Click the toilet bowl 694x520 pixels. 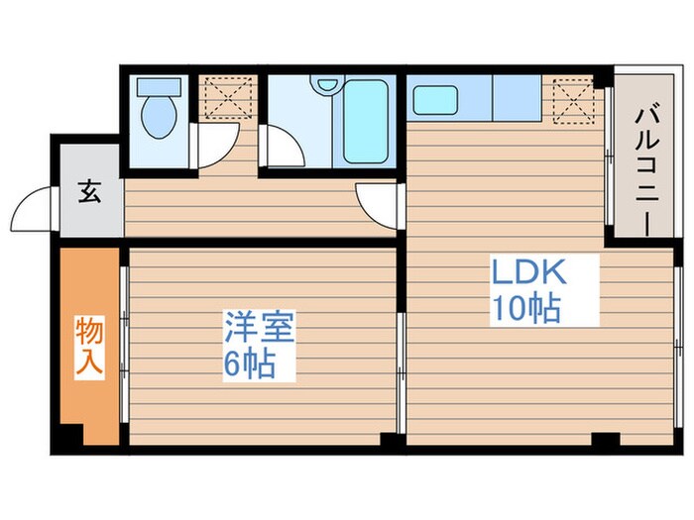pos(157,118)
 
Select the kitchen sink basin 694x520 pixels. pos(433,99)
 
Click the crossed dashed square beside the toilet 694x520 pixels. pos(227,93)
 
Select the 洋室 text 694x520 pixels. pos(249,327)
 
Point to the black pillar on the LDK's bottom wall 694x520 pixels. pos(604,439)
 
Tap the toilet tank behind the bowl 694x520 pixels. pos(156,85)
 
